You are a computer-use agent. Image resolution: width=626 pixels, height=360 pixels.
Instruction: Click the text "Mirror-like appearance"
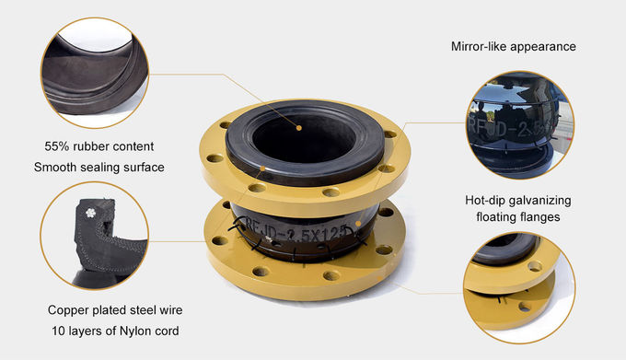coord(514,47)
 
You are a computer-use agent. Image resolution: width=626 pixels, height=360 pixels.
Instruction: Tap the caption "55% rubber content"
coord(99,146)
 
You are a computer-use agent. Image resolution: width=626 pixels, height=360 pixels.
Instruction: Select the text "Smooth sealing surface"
coord(99,168)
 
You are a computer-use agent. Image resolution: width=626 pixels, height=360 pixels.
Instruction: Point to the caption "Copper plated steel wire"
coord(115,310)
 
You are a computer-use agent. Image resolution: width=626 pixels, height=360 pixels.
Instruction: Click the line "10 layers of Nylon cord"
coord(115,331)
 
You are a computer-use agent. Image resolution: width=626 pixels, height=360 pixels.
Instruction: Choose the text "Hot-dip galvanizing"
coord(517,201)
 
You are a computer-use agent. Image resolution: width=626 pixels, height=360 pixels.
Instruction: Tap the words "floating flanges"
coord(517,217)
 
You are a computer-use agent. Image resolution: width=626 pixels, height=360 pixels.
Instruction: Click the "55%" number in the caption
coord(56,146)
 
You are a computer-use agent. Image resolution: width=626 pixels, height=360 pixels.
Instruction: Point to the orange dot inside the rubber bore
coord(298,128)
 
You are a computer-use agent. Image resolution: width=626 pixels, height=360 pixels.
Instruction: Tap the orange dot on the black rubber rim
coord(262,168)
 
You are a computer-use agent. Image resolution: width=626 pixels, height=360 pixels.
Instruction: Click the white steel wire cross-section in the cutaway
coord(90,213)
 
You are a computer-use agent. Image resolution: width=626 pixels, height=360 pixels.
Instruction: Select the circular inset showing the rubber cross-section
coord(94,236)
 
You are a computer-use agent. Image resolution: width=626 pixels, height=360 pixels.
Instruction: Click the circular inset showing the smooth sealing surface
coord(95,73)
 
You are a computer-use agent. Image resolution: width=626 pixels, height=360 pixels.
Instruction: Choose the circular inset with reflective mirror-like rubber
coord(520,125)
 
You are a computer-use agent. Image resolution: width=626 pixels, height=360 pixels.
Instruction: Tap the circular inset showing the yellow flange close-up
coord(519,288)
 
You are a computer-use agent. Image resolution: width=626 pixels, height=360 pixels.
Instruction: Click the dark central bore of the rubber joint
coord(304,138)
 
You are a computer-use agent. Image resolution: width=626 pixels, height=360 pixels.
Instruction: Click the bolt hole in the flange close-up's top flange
coord(534,266)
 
